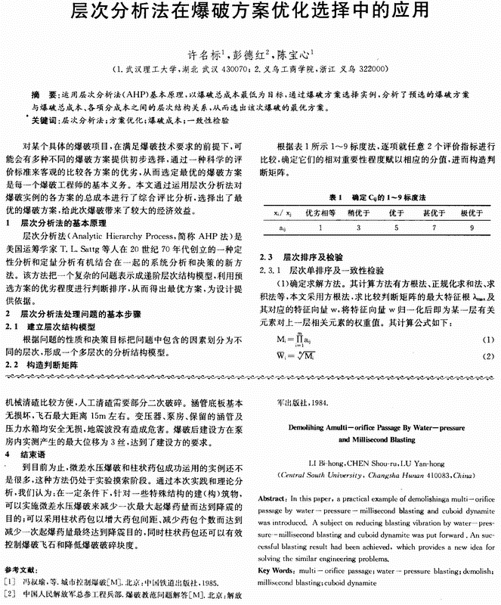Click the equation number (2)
(x=487, y=355)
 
